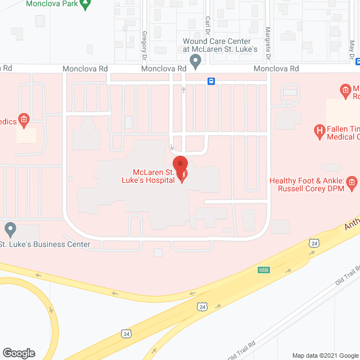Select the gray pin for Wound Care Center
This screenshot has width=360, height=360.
coord(196,61)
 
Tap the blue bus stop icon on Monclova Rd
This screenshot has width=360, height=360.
coord(211,80)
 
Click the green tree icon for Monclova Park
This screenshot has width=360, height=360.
coord(85,4)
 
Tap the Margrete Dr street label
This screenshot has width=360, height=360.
coord(268,44)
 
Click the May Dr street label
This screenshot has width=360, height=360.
coord(352,53)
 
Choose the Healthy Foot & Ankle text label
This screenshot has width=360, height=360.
coord(307,184)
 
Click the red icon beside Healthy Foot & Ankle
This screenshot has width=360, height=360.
coord(352,181)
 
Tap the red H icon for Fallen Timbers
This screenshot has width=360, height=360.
coord(320,132)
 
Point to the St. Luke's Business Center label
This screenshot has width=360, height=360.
coord(45,244)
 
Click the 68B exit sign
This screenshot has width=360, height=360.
coord(264,270)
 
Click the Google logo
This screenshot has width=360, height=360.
coord(18,353)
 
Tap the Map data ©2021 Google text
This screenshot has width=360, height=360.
coord(324,355)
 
